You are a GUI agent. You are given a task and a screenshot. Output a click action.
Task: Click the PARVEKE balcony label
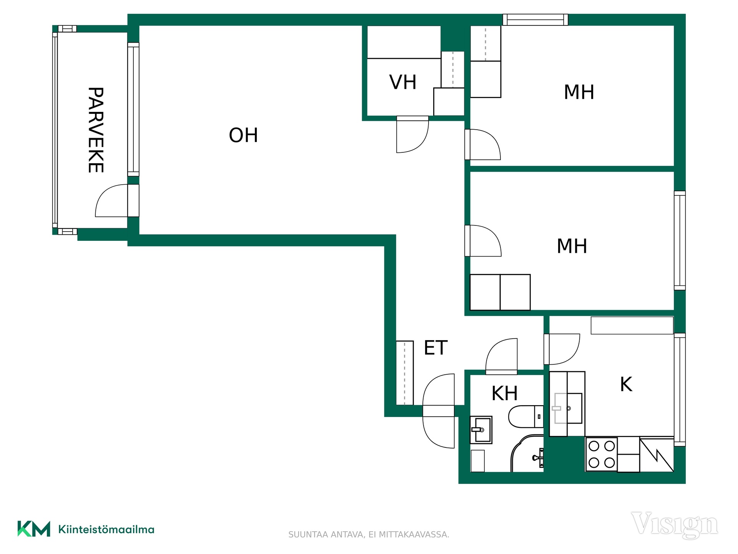click(96, 130)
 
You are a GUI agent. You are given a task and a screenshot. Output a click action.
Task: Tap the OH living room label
click(243, 135)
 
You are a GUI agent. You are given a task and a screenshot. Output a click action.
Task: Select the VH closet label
click(403, 82)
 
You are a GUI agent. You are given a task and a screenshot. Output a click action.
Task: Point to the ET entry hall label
click(435, 348)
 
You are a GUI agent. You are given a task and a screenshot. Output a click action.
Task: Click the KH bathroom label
click(505, 393)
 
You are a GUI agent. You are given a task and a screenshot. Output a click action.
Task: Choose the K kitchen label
click(626, 384)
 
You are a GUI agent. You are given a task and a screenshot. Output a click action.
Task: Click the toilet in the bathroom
click(526, 416)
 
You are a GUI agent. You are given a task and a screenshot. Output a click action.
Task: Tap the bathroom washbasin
click(481, 430)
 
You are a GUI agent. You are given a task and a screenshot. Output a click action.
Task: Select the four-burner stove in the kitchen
click(602, 454)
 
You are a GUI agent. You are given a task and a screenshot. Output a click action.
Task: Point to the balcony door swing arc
click(111, 200)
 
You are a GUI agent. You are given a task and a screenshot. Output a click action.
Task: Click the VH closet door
click(412, 134)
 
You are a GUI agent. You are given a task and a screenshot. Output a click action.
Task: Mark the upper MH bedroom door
click(483, 144)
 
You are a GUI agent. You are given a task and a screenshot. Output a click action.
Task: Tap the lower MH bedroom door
click(483, 241)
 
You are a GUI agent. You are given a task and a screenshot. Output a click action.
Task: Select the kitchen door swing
click(562, 349)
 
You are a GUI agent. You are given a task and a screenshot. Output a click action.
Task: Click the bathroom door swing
click(502, 356)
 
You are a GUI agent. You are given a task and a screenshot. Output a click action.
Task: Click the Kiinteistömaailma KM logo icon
click(34, 529)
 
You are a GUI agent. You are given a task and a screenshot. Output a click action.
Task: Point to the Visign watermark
click(674, 525)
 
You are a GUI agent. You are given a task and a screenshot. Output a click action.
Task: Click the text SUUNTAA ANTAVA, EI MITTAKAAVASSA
click(369, 535)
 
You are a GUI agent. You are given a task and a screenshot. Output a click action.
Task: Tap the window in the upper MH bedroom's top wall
click(535, 20)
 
